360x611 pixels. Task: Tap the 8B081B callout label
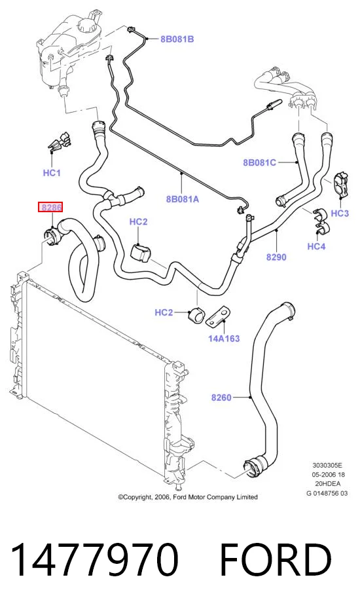pos(177,39)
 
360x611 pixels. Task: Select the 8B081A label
pos(183,199)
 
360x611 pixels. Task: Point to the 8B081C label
pos(259,162)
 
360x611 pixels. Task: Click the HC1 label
pos(52,173)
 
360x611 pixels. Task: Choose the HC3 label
pos(340,213)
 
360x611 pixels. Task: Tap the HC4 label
pos(316,246)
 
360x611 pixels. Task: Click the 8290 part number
pos(276,257)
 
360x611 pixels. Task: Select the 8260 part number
pos(221,398)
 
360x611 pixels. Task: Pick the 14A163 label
pos(224,338)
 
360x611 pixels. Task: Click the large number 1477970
pos(95,559)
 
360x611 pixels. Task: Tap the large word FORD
pos(276,559)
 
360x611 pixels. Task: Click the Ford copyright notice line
pos(188,497)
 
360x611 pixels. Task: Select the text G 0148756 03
pos(327,493)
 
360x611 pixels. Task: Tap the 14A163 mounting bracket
pos(218,318)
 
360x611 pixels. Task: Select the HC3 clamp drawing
pos(342,184)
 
